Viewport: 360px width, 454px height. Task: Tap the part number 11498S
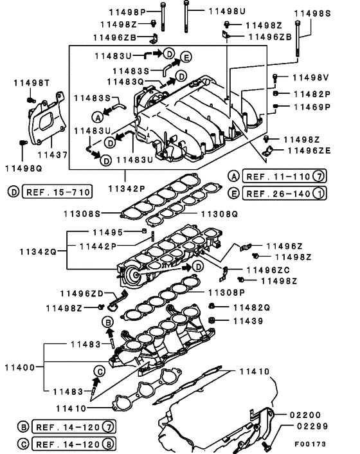pos(312,13)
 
